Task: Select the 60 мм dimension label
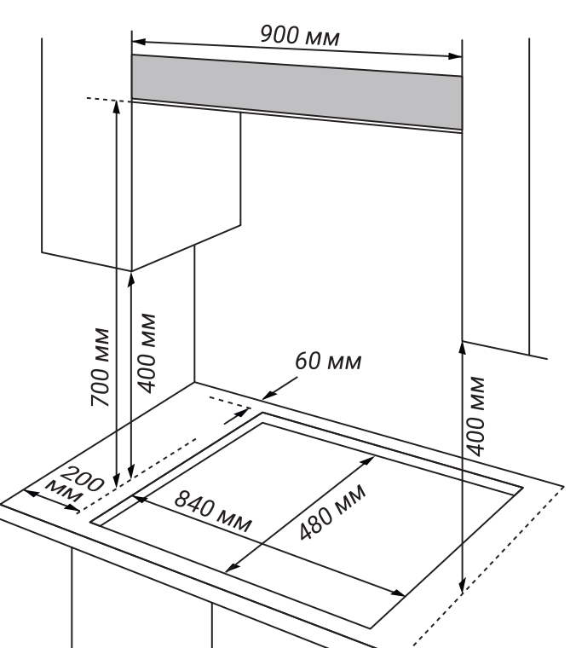328,362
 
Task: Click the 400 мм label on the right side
477,414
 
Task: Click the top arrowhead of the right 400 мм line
462,344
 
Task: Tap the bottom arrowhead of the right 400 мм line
462,587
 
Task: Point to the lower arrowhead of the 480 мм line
230,570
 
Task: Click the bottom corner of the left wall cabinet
131,270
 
